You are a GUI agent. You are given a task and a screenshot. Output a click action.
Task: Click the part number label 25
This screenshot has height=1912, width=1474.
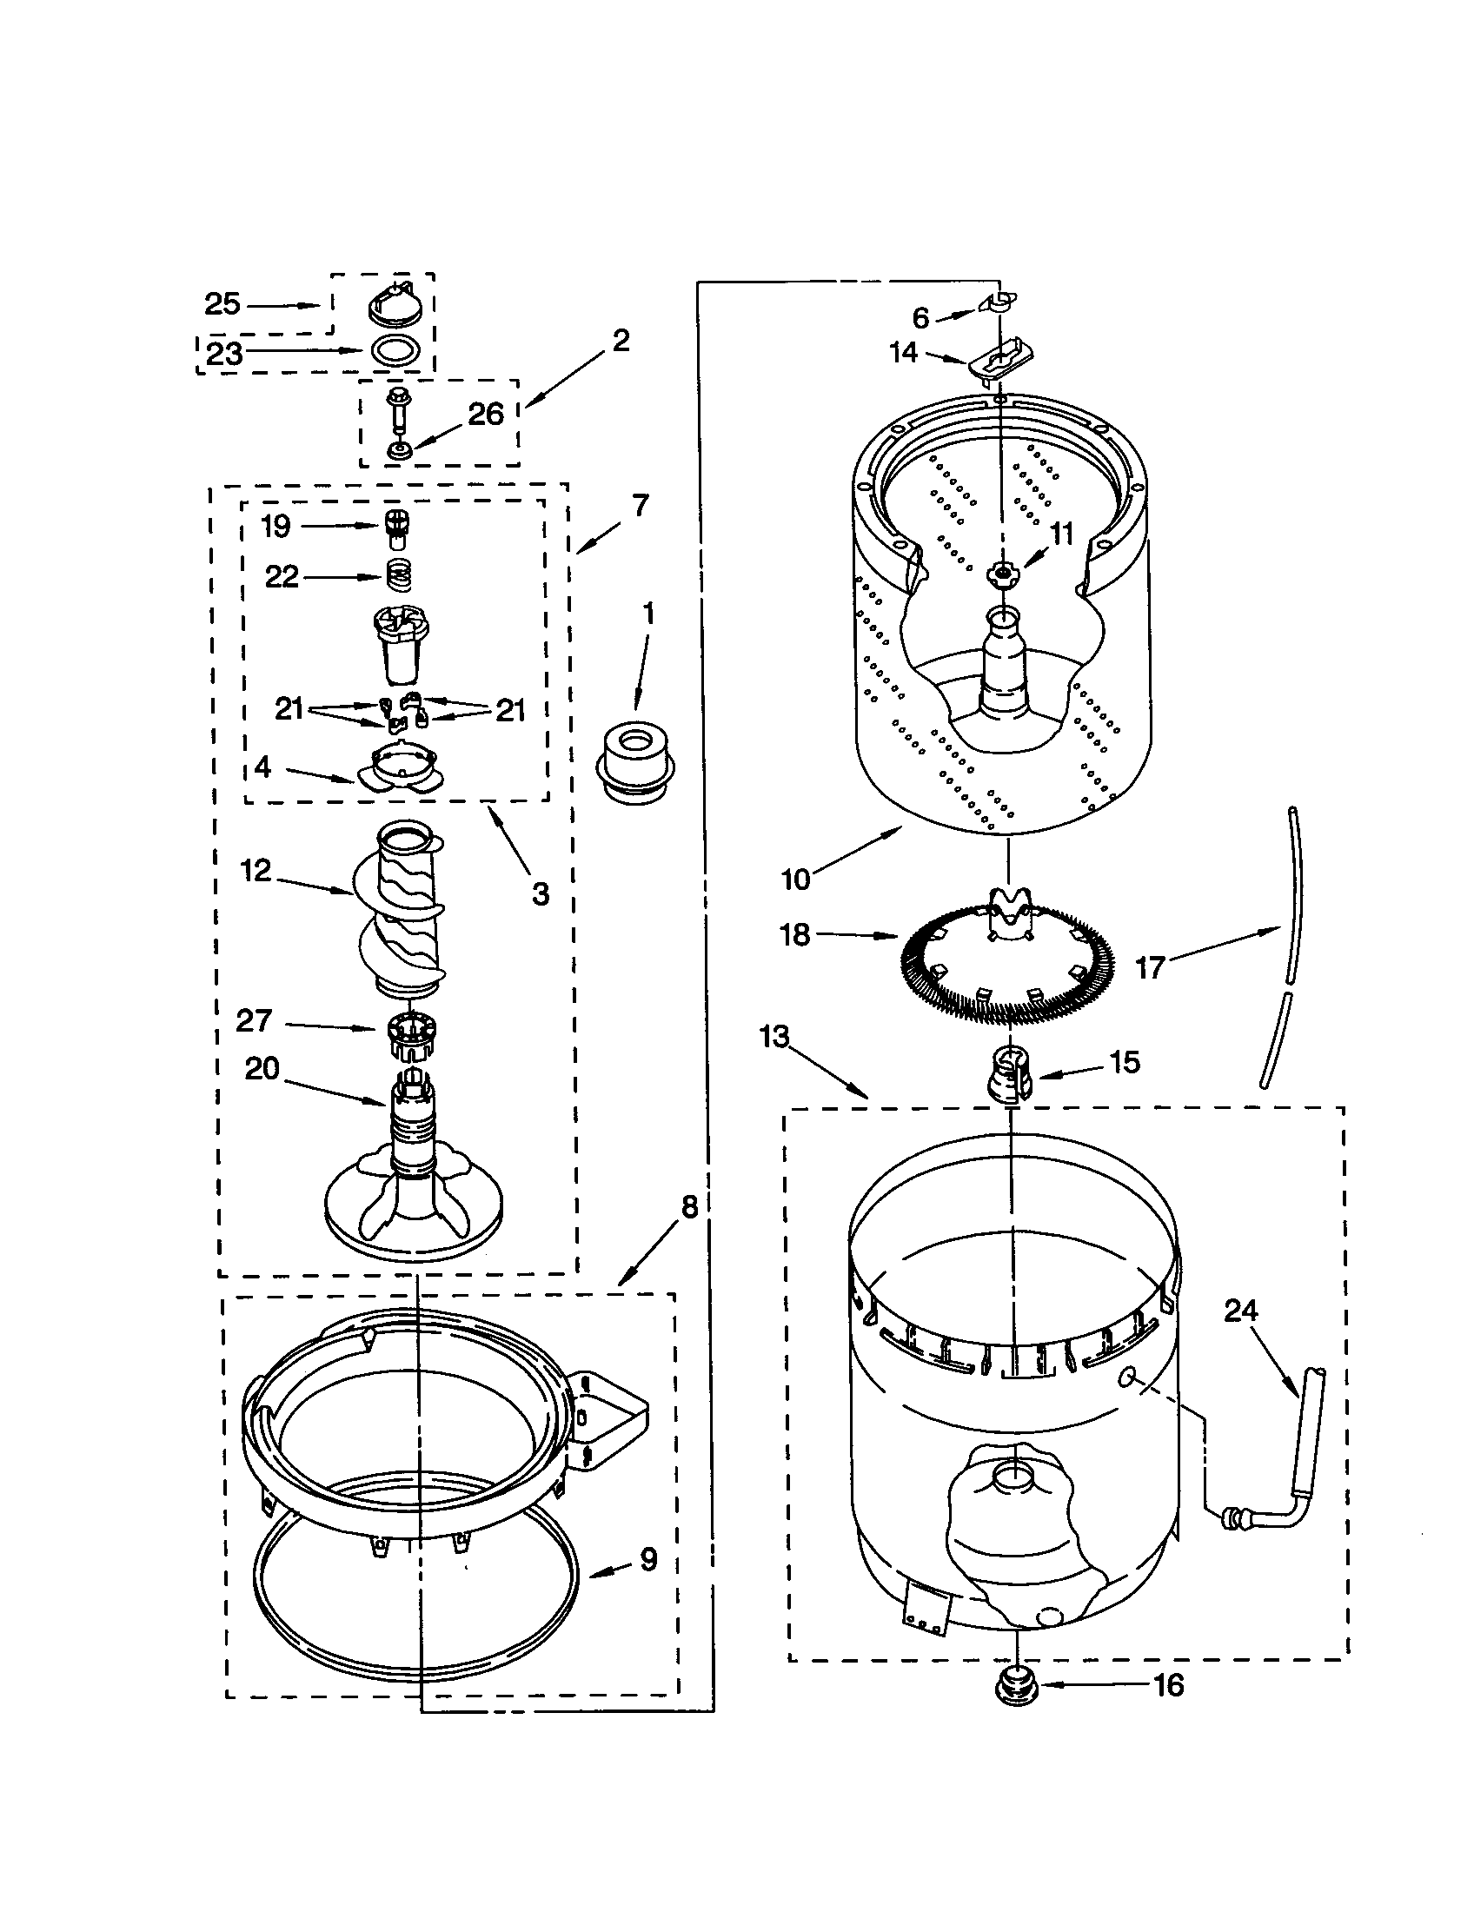click(222, 305)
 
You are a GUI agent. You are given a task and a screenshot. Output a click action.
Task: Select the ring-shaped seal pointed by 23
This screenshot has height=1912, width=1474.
click(393, 350)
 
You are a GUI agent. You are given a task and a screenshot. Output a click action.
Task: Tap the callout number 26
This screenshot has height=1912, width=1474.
click(486, 413)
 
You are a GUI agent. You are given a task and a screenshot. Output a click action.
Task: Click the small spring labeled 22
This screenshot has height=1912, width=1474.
click(399, 576)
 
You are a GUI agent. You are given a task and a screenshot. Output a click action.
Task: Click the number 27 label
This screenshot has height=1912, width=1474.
click(254, 1021)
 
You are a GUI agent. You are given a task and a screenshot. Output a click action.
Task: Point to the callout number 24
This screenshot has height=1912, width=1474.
click(1240, 1311)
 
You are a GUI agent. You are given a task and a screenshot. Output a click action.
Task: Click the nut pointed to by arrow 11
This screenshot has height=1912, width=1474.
click(999, 574)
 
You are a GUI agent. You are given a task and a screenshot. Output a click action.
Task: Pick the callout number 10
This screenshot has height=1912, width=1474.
click(795, 878)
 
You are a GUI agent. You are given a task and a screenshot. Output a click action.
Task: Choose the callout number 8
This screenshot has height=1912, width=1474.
click(690, 1208)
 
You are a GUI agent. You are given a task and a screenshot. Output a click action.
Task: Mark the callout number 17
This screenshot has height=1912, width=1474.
click(1149, 967)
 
